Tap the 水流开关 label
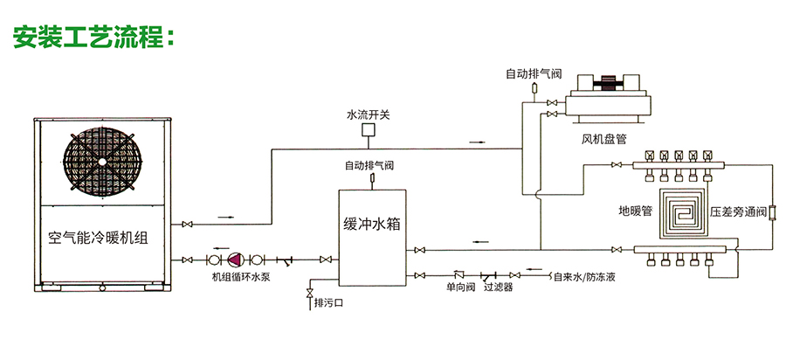369,114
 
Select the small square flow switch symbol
369,131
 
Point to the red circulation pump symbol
235,260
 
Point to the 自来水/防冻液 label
584,278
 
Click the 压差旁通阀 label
738,211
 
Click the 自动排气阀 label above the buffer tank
369,165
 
